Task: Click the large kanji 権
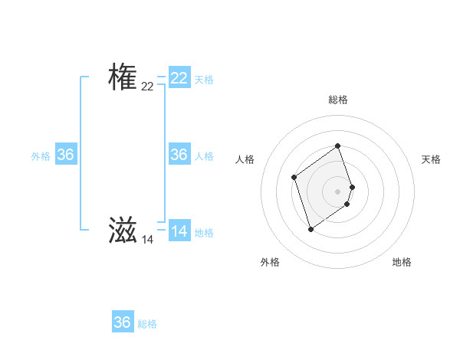(123, 77)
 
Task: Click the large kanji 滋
(123, 230)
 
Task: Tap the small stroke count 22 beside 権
(147, 87)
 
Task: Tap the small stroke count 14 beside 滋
(147, 240)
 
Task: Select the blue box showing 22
(179, 78)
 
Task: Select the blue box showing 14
(179, 231)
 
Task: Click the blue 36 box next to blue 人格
(179, 155)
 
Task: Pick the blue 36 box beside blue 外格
(66, 155)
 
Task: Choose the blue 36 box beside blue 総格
(123, 322)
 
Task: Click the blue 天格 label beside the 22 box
(204, 80)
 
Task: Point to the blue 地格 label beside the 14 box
(204, 233)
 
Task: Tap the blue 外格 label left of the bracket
(41, 156)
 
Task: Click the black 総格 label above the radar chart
(338, 100)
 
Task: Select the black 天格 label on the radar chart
(431, 159)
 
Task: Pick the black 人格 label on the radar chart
(245, 159)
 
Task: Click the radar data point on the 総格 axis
(338, 146)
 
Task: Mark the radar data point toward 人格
(294, 178)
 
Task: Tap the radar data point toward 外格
(310, 229)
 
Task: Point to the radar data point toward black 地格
(347, 204)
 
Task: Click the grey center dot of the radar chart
(338, 191)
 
